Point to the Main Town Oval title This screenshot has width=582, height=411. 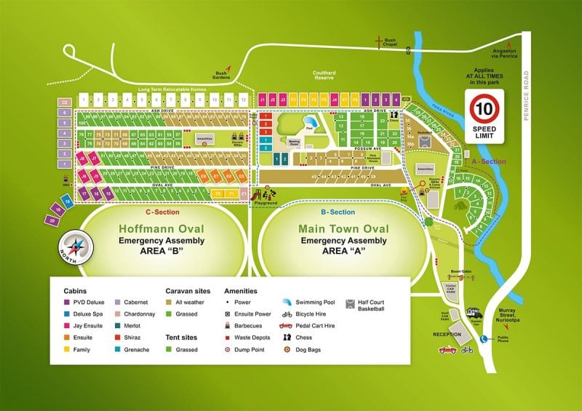[x=343, y=229]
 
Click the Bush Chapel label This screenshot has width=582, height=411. [x=390, y=43]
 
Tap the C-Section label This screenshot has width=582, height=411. [x=161, y=212]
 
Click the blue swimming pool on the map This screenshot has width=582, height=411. [x=308, y=121]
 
